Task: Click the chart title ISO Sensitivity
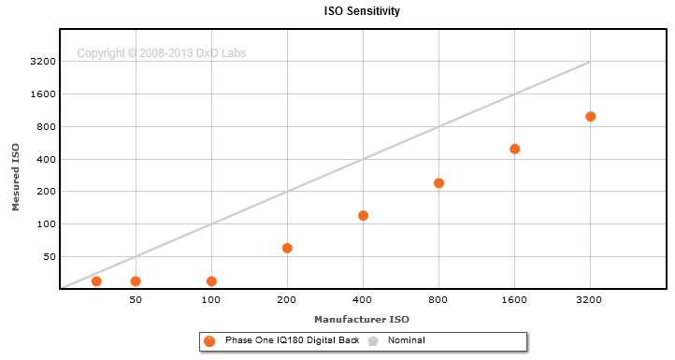362,11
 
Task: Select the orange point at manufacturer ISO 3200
590,116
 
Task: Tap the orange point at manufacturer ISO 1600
514,149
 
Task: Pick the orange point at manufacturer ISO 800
438,183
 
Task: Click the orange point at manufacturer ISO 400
363,215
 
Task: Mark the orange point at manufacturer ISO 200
287,248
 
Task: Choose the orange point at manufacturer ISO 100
211,281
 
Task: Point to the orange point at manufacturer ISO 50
136,281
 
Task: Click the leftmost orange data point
96,281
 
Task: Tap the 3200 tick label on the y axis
43,61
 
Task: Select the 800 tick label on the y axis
47,126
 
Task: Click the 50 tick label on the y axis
50,256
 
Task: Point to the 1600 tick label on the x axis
514,300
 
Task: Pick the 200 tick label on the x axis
287,300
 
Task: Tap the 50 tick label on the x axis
136,300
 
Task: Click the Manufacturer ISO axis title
362,320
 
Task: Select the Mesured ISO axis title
16,177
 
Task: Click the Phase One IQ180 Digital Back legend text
293,340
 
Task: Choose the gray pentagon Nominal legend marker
373,341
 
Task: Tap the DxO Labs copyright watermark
162,53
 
